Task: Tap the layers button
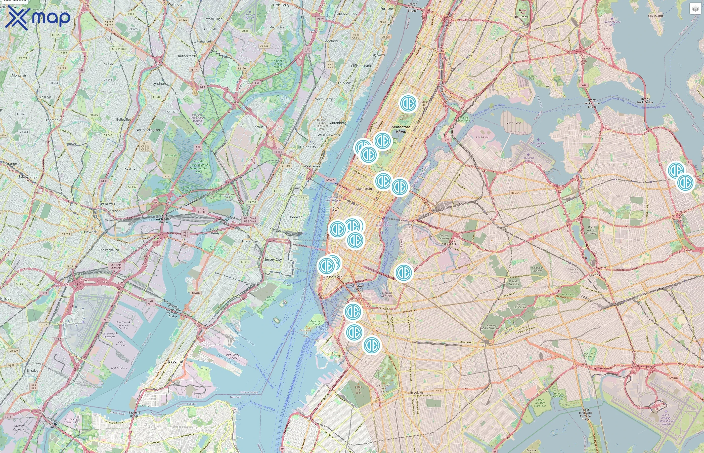(x=695, y=9)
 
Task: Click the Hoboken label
(x=295, y=217)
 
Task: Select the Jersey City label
(x=273, y=259)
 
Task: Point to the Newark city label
(x=90, y=232)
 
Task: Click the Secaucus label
(x=260, y=127)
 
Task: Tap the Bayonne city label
(x=175, y=361)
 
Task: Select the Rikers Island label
(x=513, y=123)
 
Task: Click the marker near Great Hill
(x=408, y=103)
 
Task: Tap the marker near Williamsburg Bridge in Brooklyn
(x=404, y=272)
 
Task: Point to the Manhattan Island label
(x=401, y=129)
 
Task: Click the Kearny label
(x=130, y=169)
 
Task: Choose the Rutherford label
(x=186, y=56)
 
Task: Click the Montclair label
(x=19, y=75)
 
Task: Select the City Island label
(x=655, y=16)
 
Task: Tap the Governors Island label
(x=316, y=323)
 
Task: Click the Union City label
(x=308, y=147)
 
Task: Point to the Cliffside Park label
(x=361, y=66)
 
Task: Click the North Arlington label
(x=148, y=130)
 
